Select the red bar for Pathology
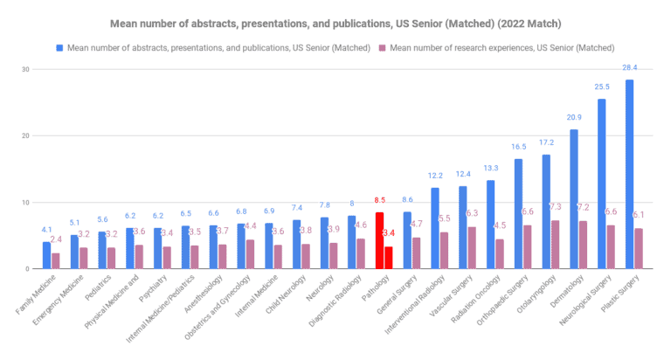pyautogui.click(x=379, y=241)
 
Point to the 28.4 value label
pyautogui.click(x=629, y=67)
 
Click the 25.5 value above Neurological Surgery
pyautogui.click(x=601, y=87)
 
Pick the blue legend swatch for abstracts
pyautogui.click(x=59, y=46)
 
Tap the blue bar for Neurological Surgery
pyautogui.click(x=601, y=184)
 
